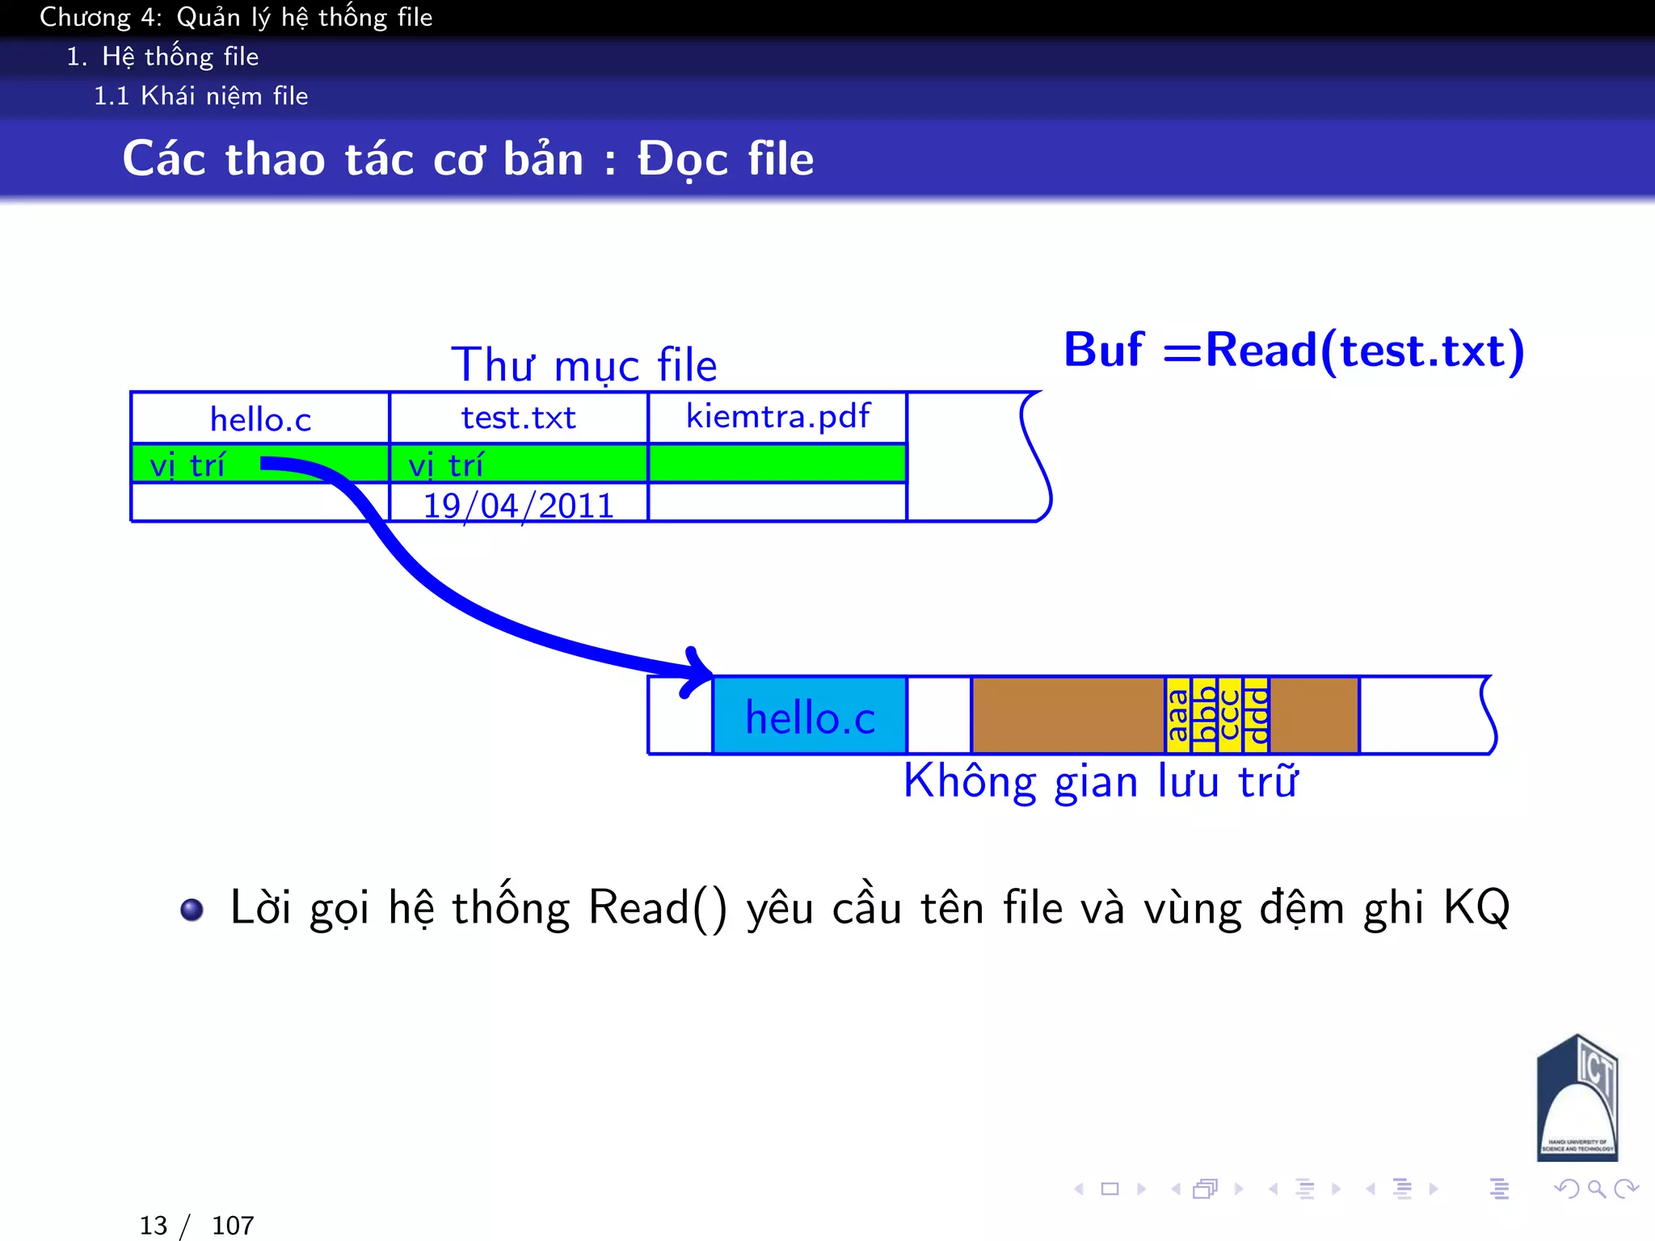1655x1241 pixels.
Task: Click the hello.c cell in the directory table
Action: pyautogui.click(x=260, y=419)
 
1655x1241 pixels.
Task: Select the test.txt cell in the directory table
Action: pyautogui.click(x=518, y=419)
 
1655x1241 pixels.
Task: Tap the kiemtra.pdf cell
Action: pyautogui.click(x=777, y=417)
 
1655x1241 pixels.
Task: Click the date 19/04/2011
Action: pyautogui.click(x=518, y=506)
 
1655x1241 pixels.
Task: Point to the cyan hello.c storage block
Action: pyautogui.click(x=810, y=717)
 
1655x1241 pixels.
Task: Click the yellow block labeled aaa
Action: pyautogui.click(x=1178, y=716)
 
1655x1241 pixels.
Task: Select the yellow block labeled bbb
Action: pyautogui.click(x=1205, y=716)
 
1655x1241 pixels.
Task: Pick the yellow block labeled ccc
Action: pyautogui.click(x=1230, y=716)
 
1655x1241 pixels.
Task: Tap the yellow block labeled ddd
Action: pyautogui.click(x=1256, y=716)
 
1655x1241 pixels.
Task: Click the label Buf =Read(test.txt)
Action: pyautogui.click(x=1294, y=351)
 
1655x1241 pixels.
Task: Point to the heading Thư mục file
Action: pyautogui.click(x=583, y=365)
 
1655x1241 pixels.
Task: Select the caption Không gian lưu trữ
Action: pyautogui.click(x=1101, y=782)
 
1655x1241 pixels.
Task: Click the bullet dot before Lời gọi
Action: pyautogui.click(x=192, y=910)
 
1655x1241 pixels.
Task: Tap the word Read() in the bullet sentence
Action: pyautogui.click(x=657, y=908)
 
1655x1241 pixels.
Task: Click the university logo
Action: pyautogui.click(x=1577, y=1098)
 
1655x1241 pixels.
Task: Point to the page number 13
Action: pyautogui.click(x=154, y=1226)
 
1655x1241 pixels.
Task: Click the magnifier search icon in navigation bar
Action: pyautogui.click(x=1596, y=1188)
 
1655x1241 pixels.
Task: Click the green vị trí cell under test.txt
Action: pyautogui.click(x=518, y=464)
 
